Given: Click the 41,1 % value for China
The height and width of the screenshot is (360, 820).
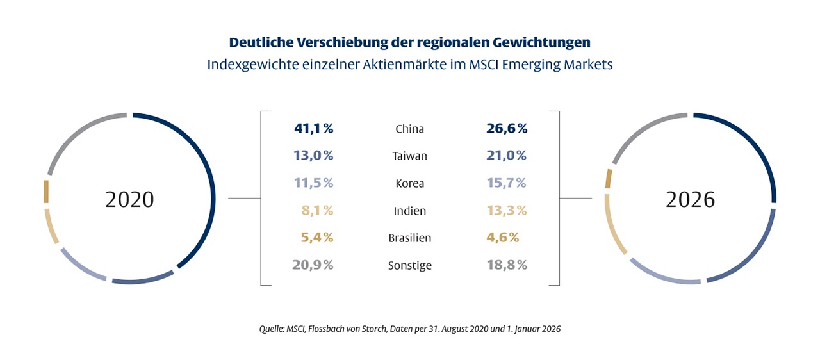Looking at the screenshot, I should pos(314,129).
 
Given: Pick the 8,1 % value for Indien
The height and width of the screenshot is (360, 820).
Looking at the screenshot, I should pos(316,211).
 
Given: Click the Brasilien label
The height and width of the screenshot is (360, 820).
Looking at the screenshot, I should pos(409,238).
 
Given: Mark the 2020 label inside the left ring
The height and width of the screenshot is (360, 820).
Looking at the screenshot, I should pos(129,199).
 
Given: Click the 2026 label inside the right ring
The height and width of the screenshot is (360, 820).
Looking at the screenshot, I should pos(690,199).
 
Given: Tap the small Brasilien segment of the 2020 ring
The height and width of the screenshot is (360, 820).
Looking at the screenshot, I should pos(46,192).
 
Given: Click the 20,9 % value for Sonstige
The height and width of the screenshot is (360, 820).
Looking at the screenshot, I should pos(313,265).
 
